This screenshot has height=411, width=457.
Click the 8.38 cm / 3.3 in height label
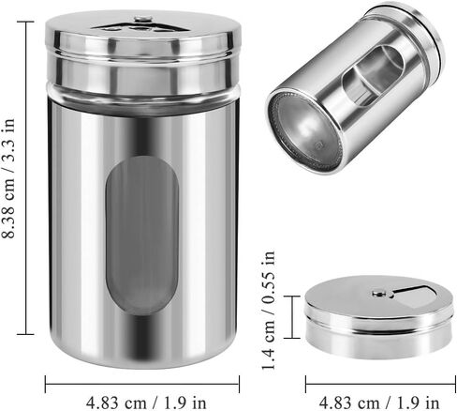(8, 178)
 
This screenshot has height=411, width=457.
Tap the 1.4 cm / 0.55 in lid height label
(269, 311)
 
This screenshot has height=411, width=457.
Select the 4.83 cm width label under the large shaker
(146, 403)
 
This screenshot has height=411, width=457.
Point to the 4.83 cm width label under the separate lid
(379, 403)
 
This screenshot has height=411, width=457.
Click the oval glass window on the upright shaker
(142, 236)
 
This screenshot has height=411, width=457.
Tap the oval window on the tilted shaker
(373, 76)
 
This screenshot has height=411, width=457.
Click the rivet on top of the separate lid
(378, 294)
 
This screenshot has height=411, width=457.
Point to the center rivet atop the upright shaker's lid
(141, 20)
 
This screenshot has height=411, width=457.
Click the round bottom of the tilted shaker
(305, 131)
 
